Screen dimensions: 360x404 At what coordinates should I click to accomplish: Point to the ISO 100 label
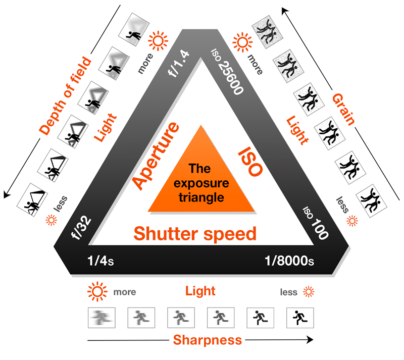315,222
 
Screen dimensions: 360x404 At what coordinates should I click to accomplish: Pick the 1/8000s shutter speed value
290,261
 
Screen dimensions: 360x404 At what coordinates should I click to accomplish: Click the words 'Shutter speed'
195,234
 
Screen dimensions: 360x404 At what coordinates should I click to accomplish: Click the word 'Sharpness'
207,340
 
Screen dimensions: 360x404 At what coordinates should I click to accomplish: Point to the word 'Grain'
343,109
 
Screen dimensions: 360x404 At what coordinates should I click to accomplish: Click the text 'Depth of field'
66,96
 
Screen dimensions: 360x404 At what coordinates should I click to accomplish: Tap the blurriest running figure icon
102,318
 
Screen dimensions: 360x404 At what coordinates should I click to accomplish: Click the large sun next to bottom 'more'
97,291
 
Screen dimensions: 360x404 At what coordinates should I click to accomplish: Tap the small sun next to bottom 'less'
309,291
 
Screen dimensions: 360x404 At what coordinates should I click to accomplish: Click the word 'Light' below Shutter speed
200,291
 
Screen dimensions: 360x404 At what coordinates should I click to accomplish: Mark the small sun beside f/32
50,220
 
